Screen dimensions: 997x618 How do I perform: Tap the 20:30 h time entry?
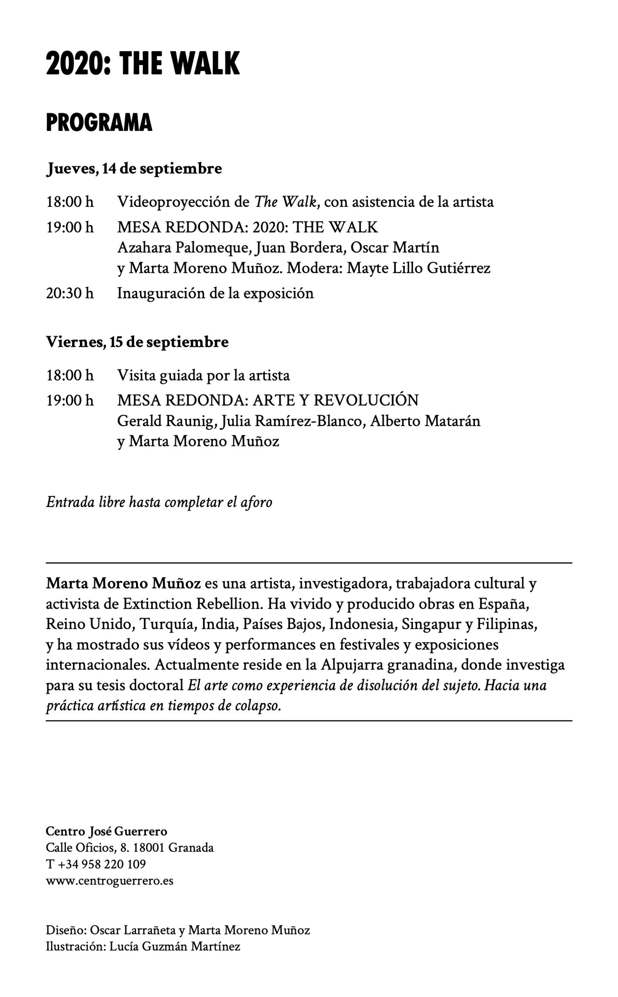[x=69, y=293]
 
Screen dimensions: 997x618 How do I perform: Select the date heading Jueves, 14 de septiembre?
[x=134, y=169]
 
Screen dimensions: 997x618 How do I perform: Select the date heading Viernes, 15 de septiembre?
[x=137, y=342]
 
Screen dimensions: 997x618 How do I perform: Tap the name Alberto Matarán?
[x=425, y=421]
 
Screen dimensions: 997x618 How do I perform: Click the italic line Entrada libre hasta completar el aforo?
[x=159, y=502]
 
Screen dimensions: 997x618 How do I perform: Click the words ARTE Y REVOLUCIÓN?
[x=336, y=400]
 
